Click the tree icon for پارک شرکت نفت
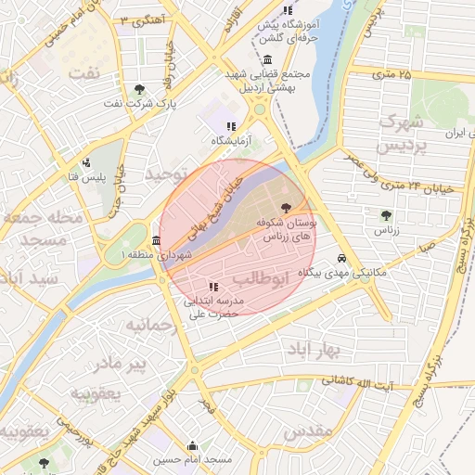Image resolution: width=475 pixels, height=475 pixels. [139, 89]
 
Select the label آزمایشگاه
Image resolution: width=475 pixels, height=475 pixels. [231, 140]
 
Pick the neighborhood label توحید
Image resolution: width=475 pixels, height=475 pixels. [160, 173]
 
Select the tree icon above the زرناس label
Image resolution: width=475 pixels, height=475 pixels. [385, 215]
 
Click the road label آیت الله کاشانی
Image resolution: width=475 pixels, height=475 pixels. [357, 382]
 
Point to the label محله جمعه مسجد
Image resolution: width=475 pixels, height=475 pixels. [44, 229]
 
